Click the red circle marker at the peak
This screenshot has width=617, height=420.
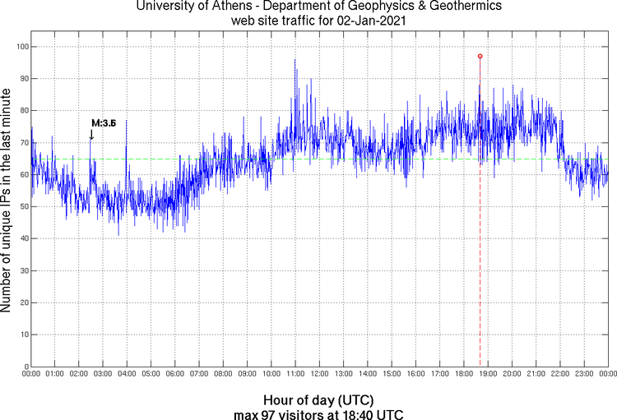pyautogui.click(x=480, y=56)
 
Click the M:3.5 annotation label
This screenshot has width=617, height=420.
pyautogui.click(x=104, y=122)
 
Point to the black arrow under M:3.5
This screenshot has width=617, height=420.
pyautogui.click(x=91, y=135)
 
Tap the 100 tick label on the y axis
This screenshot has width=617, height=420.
pyautogui.click(x=21, y=47)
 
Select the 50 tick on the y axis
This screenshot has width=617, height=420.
pyautogui.click(x=23, y=207)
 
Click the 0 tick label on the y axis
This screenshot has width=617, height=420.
pyautogui.click(x=26, y=367)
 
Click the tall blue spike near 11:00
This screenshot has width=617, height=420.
pyautogui.click(x=295, y=61)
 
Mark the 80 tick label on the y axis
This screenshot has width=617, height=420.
pyautogui.click(x=23, y=111)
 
